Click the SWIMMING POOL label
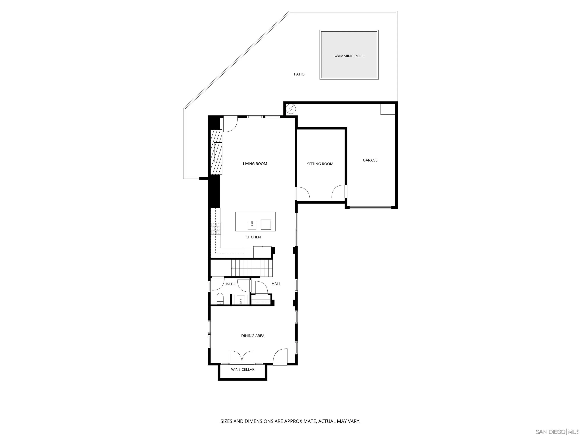pos(349,56)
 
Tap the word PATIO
pos(299,74)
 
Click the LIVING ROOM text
pos(255,164)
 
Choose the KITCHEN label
pos(253,237)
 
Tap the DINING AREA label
pos(253,336)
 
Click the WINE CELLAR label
pos(243,370)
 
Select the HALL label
pos(276,284)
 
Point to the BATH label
pos(230,284)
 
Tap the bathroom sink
pos(241,300)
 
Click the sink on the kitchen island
pos(252,225)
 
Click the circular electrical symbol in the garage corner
pos(291,109)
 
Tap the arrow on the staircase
pos(233,268)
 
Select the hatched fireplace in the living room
pos(216,152)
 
